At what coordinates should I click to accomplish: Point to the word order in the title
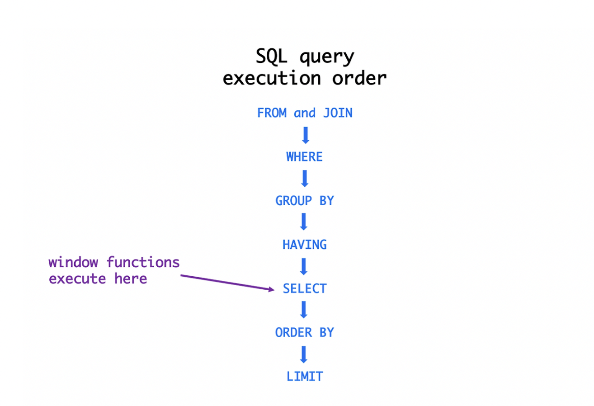click(x=359, y=78)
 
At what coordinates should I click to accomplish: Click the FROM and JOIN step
click(x=305, y=113)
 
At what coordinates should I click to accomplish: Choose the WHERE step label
click(x=305, y=157)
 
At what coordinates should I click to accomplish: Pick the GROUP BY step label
click(x=305, y=201)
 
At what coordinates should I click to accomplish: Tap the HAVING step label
click(x=305, y=245)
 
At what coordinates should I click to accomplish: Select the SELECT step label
click(x=305, y=288)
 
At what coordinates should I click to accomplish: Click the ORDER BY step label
click(x=305, y=332)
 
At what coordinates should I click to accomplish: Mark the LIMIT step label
click(x=305, y=376)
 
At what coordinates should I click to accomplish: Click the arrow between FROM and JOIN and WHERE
click(x=305, y=135)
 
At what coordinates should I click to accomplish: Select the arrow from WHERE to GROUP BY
click(x=305, y=179)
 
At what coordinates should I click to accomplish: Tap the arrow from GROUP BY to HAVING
click(x=304, y=222)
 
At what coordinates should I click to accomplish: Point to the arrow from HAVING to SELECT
click(x=304, y=266)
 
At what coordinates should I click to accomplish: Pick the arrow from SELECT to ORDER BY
click(x=304, y=310)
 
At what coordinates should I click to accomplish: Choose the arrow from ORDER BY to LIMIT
click(x=304, y=354)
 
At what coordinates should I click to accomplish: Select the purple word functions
click(x=143, y=262)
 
